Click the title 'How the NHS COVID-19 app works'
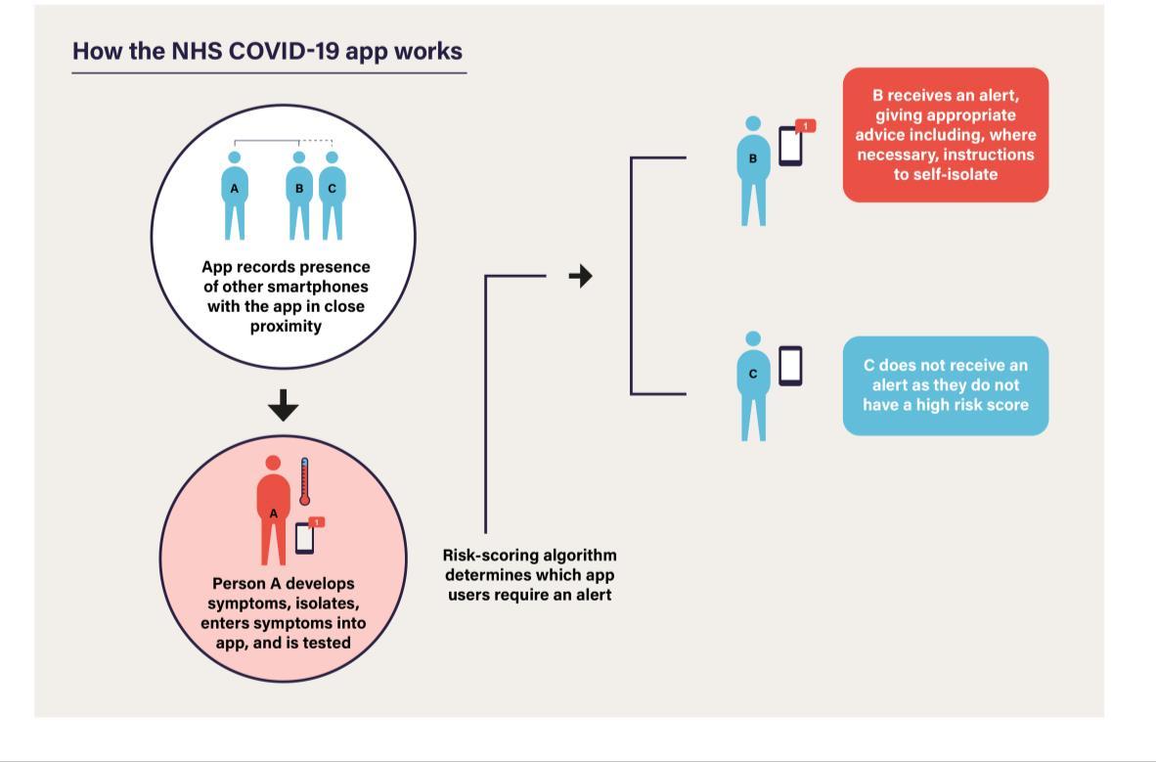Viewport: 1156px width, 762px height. click(267, 51)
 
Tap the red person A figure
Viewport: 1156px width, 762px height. click(273, 510)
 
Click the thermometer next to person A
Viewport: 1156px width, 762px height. click(304, 481)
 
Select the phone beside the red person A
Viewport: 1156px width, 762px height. click(304, 538)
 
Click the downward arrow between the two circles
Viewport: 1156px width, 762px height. click(283, 405)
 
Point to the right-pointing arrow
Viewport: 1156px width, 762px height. click(581, 276)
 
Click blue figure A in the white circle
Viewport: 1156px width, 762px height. click(235, 196)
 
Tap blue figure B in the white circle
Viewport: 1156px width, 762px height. click(298, 196)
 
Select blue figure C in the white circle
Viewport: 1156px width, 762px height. click(332, 196)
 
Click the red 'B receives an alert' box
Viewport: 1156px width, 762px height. click(945, 135)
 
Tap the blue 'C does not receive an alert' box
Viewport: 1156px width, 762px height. click(945, 385)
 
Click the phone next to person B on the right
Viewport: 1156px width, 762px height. click(790, 146)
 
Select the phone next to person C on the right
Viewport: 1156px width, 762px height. click(790, 366)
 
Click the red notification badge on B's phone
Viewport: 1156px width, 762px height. click(806, 126)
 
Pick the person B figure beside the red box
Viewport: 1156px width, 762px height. click(753, 170)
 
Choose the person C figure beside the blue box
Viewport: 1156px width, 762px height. click(753, 386)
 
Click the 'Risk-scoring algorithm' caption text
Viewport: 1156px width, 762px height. click(529, 575)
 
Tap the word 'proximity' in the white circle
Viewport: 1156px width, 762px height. click(286, 326)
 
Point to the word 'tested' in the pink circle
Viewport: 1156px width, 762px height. click(327, 643)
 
